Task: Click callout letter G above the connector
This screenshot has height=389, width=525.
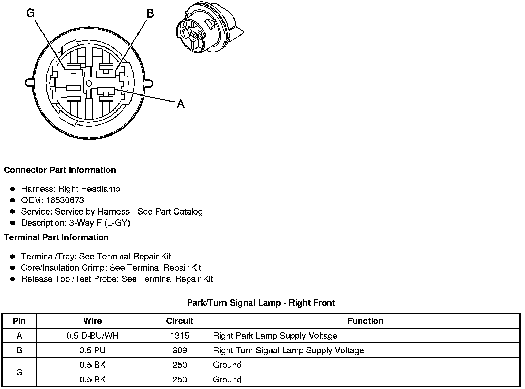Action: pyautogui.click(x=31, y=13)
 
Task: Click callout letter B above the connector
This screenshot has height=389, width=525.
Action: pyautogui.click(x=151, y=13)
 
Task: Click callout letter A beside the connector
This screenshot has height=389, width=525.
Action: pyautogui.click(x=181, y=103)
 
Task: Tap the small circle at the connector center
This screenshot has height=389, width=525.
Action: pyautogui.click(x=89, y=83)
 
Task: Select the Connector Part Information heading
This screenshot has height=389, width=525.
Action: pyautogui.click(x=60, y=170)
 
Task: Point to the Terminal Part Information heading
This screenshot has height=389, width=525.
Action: pyautogui.click(x=56, y=238)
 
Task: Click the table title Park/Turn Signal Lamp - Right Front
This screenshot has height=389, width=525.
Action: pyautogui.click(x=261, y=303)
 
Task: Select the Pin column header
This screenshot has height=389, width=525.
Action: pyautogui.click(x=19, y=321)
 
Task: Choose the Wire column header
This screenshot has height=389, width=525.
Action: pyautogui.click(x=93, y=321)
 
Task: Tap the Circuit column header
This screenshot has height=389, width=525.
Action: pyautogui.click(x=180, y=321)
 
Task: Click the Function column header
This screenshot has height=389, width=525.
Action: pyautogui.click(x=365, y=321)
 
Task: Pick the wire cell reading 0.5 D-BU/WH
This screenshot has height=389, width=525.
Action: pyautogui.click(x=93, y=336)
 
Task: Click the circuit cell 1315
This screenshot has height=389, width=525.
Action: pyautogui.click(x=180, y=336)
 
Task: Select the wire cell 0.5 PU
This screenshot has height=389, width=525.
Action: pyautogui.click(x=93, y=351)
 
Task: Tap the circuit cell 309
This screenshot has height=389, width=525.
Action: pyautogui.click(x=180, y=351)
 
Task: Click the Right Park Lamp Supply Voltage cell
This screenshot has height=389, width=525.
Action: pyautogui.click(x=275, y=336)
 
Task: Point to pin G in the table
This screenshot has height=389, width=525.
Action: pyautogui.click(x=19, y=372)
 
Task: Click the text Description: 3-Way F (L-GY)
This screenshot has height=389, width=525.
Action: pyautogui.click(x=75, y=223)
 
